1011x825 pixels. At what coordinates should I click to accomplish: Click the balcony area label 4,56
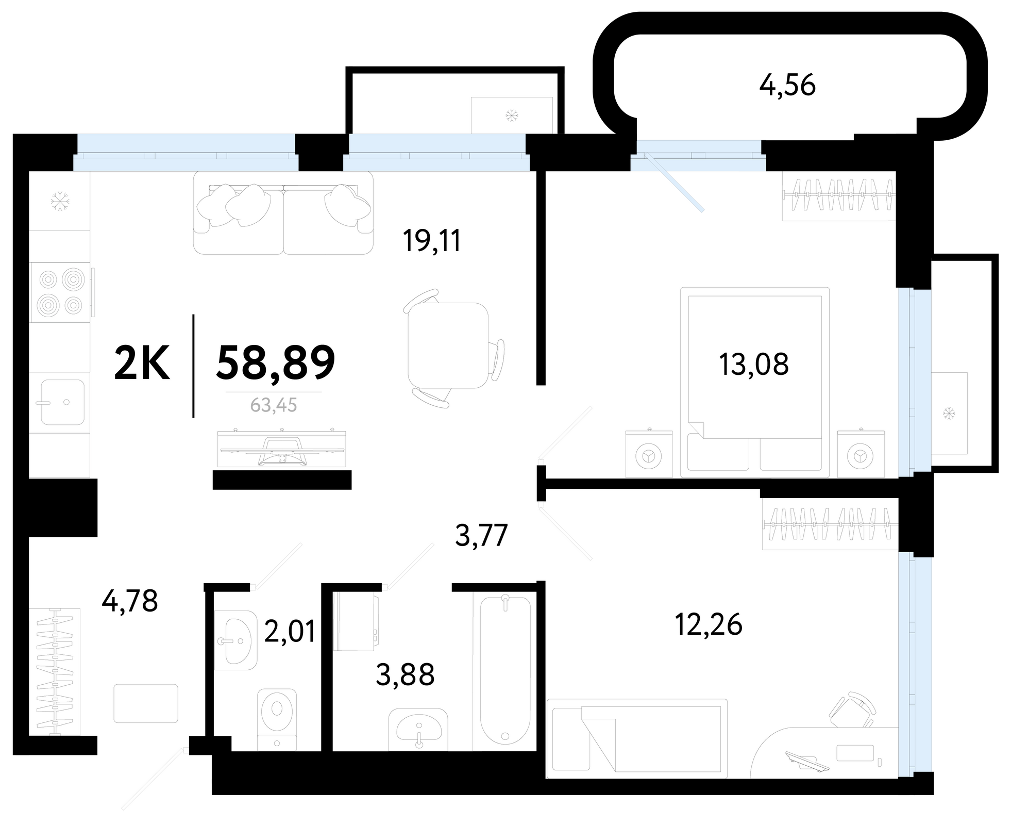click(787, 86)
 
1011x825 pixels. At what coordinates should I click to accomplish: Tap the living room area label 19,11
click(432, 241)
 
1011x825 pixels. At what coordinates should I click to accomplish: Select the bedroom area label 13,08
click(753, 364)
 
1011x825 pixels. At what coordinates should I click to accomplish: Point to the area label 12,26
click(709, 624)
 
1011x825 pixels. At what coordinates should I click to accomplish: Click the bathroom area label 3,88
click(406, 674)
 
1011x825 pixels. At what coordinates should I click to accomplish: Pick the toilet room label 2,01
click(290, 631)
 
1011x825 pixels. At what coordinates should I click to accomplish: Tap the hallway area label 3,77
click(482, 535)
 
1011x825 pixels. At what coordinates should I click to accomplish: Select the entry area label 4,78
click(130, 601)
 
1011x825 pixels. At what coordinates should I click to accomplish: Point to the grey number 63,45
click(274, 405)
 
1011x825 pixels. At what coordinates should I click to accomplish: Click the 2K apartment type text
click(142, 363)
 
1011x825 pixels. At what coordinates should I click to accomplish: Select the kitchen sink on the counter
click(62, 402)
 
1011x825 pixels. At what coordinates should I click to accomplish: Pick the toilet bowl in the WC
click(277, 719)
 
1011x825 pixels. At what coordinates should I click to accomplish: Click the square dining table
click(447, 345)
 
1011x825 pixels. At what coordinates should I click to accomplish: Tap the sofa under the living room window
click(283, 212)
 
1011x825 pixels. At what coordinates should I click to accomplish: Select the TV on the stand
click(282, 449)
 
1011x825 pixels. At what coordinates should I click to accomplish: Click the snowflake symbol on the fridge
click(60, 201)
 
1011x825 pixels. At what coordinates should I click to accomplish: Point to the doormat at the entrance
click(146, 703)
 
